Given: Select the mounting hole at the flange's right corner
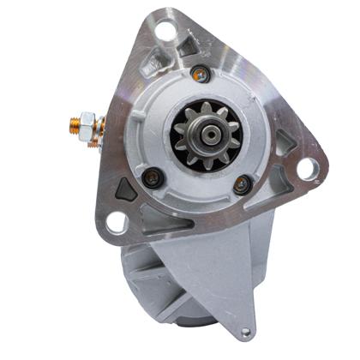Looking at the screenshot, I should click(307, 168).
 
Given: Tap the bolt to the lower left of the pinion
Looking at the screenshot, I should click(152, 179).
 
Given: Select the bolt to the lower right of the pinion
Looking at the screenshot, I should click(243, 183).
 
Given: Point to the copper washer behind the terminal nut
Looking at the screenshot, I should click(97, 129).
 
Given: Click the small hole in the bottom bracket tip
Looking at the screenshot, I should click(247, 333).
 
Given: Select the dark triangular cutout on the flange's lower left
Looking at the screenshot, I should click(127, 190).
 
